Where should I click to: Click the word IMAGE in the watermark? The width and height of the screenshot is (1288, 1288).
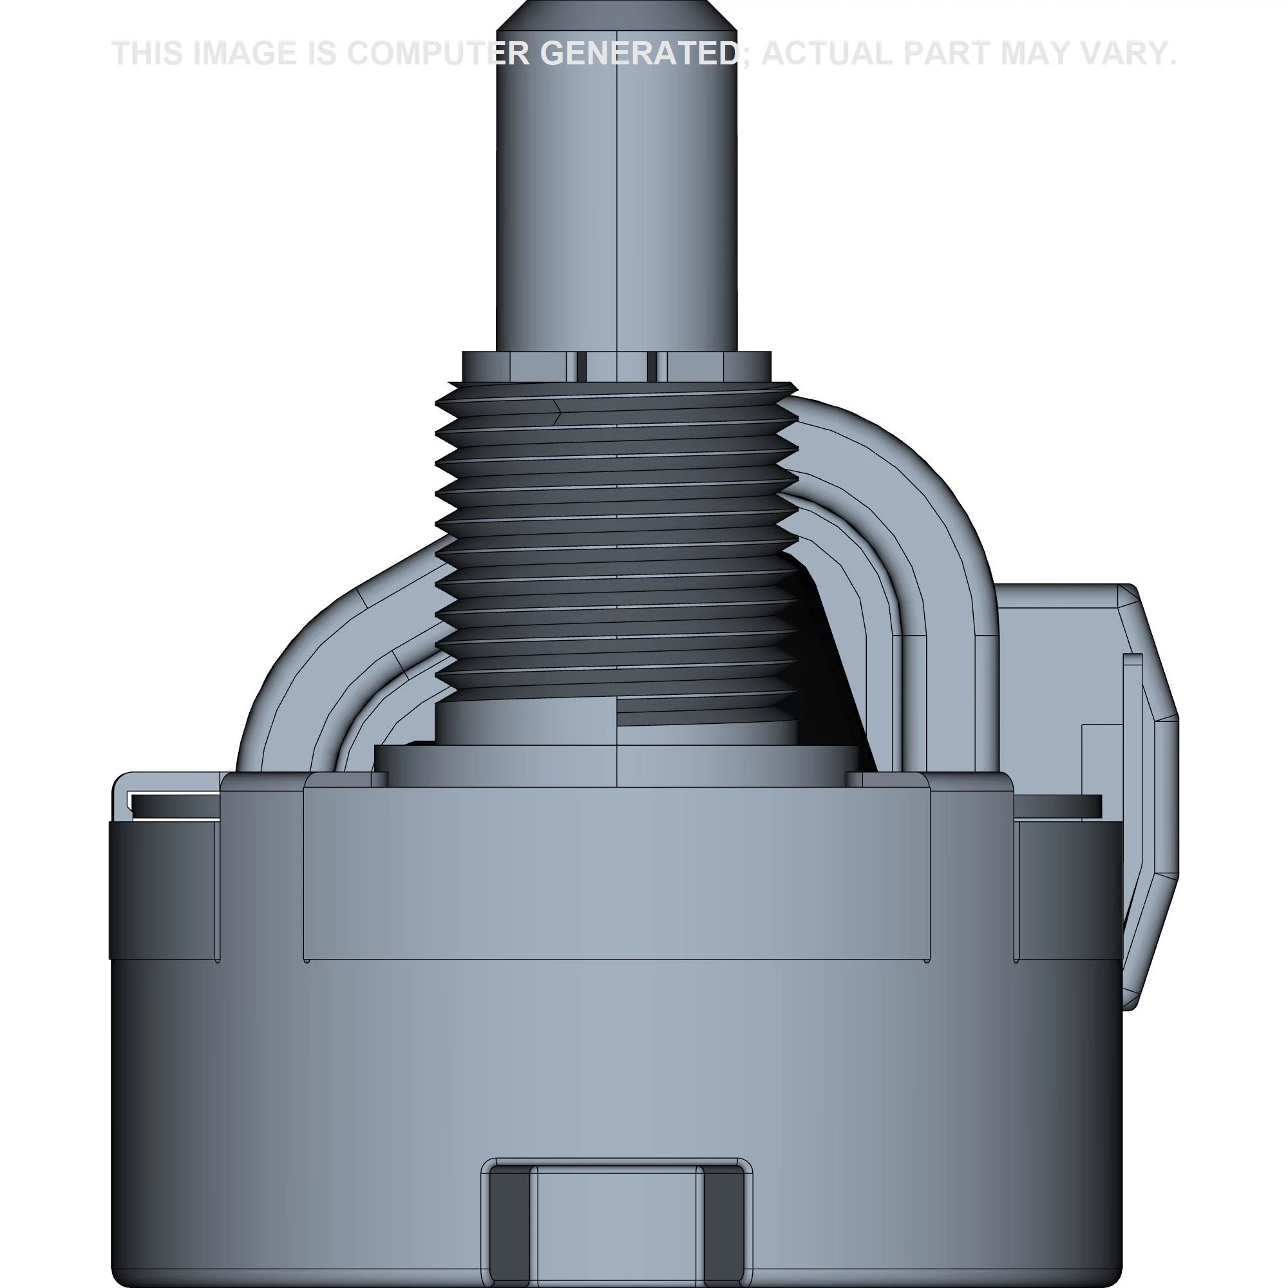(x=243, y=53)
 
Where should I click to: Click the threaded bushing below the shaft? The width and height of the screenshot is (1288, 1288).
(x=617, y=540)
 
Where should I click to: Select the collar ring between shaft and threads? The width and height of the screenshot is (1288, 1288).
(x=617, y=366)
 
